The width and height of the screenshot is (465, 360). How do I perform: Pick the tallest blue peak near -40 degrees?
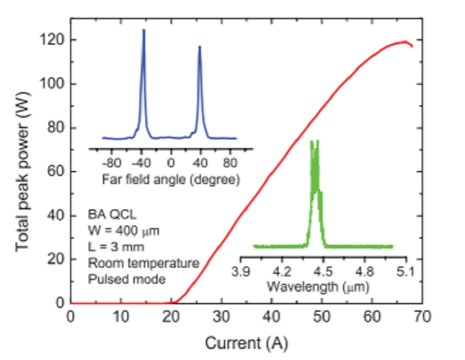pos(144,30)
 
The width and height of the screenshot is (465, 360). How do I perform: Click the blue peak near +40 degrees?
pos(200,46)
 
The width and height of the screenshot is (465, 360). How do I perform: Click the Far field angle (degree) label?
pos(170,180)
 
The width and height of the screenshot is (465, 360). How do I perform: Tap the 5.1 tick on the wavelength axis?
pos(405,271)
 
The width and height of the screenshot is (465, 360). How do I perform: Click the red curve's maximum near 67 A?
pos(405,42)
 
